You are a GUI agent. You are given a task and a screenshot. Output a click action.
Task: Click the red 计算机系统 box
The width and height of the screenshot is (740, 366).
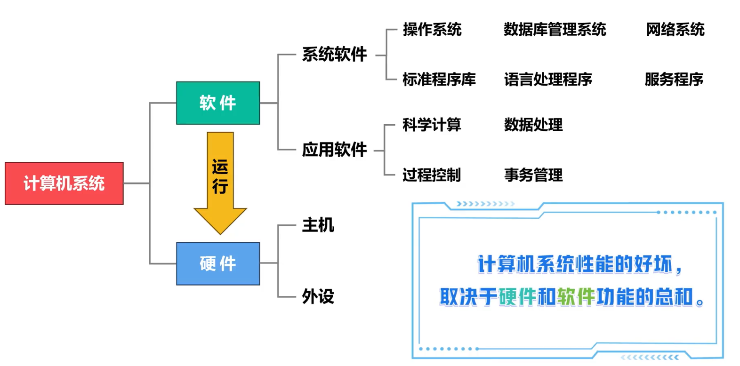click(64, 183)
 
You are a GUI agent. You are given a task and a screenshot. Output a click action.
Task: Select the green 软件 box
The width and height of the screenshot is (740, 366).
click(218, 103)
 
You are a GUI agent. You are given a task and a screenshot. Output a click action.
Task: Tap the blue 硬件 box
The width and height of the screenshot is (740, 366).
click(218, 263)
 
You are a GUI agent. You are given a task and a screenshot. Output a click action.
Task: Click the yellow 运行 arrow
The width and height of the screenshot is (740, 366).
click(220, 181)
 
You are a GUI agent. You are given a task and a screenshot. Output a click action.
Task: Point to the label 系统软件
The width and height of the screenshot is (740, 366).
click(334, 55)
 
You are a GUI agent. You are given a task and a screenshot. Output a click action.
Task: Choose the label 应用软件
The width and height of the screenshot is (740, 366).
click(334, 150)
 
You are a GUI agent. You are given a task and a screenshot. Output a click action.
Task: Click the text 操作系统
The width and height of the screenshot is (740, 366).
click(432, 30)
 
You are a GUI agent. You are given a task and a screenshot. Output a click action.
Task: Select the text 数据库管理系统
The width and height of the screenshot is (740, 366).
click(555, 30)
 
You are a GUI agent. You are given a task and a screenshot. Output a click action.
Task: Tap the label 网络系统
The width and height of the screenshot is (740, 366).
click(675, 30)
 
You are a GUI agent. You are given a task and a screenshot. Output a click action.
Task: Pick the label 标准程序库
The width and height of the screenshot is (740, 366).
click(439, 80)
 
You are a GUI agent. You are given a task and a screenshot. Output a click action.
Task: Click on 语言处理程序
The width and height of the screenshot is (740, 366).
click(547, 80)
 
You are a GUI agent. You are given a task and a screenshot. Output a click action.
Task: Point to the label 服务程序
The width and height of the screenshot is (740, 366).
click(674, 80)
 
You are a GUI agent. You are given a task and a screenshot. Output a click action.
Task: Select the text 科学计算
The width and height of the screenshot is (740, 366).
click(432, 125)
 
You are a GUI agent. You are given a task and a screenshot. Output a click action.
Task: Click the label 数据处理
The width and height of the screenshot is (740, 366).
click(533, 125)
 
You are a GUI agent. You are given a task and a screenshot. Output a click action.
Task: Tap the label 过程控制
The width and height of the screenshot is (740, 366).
click(431, 175)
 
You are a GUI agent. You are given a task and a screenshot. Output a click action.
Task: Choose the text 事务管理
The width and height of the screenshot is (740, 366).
click(533, 175)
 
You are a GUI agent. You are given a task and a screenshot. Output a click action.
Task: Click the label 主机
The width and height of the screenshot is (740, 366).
click(318, 225)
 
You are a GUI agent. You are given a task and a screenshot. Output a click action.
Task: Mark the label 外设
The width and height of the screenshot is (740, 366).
click(318, 296)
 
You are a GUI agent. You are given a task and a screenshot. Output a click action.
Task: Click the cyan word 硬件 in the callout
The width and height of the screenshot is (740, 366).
click(517, 297)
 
